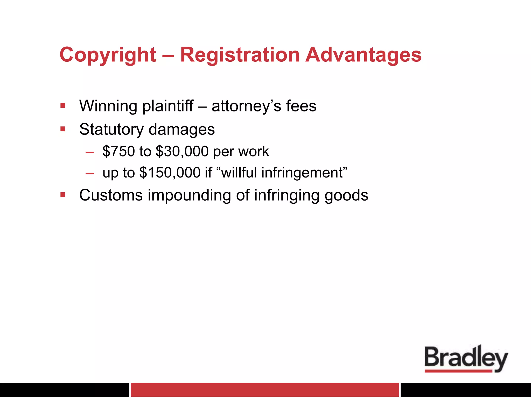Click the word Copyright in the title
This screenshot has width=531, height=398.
[x=108, y=55]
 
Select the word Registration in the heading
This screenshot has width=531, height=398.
[x=240, y=55]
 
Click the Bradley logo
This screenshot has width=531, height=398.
[x=466, y=359]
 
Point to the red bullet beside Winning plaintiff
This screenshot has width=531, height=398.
[x=63, y=106]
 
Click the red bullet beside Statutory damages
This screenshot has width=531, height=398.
[x=63, y=129]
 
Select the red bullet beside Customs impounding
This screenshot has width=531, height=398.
[x=63, y=195]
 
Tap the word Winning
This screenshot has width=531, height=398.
[x=108, y=106]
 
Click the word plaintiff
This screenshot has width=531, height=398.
[x=168, y=106]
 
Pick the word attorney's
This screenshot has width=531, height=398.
[x=246, y=106]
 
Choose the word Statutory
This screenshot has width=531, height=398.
[x=111, y=129]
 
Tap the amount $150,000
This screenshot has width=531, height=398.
[x=170, y=173]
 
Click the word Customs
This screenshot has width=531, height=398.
[x=111, y=195]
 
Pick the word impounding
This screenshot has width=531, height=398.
[x=189, y=196]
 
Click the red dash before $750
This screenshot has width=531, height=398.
[x=89, y=152]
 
